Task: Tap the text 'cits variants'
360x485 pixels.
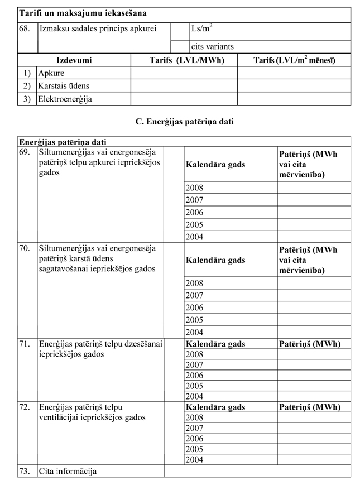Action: click(x=212, y=46)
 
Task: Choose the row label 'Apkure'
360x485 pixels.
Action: click(x=51, y=73)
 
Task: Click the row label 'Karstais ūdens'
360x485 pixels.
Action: click(x=63, y=86)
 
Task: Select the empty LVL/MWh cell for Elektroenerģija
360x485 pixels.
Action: click(x=184, y=99)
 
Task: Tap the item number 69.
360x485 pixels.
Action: click(x=24, y=152)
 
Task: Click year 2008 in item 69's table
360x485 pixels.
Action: click(x=194, y=188)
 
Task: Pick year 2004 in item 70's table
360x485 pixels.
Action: click(x=194, y=332)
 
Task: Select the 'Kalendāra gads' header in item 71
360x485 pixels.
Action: click(x=215, y=344)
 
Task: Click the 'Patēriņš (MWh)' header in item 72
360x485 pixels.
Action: click(x=309, y=407)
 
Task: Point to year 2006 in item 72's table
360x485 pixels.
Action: click(x=194, y=439)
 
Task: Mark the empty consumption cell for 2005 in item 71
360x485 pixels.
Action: click(x=314, y=386)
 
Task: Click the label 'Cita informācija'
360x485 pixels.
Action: click(x=68, y=472)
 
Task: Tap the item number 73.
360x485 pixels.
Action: click(x=24, y=472)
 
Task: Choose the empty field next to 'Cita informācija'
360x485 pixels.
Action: click(x=257, y=472)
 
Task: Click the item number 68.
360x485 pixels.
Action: click(x=24, y=28)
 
